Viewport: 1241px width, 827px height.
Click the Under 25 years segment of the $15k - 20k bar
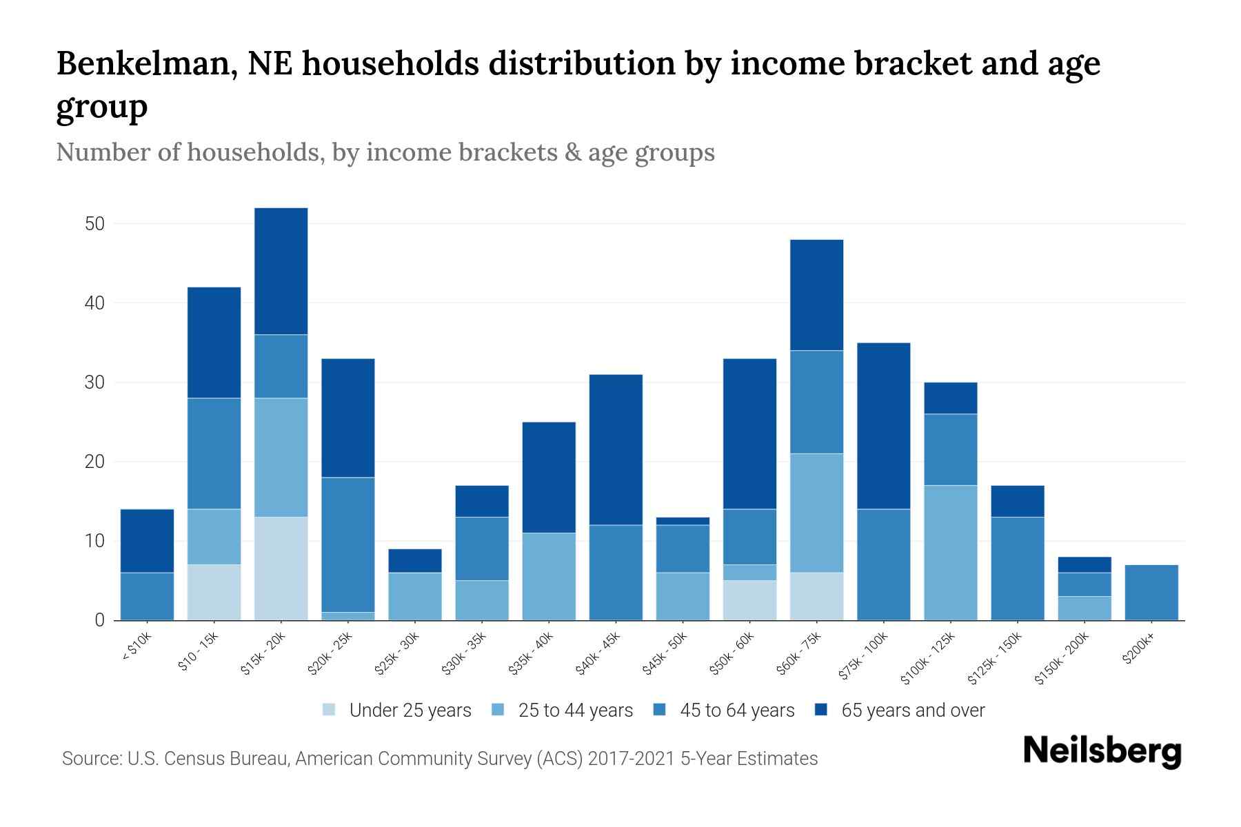281,568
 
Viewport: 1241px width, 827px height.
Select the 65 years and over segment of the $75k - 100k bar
883,425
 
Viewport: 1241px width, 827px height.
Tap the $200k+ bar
1151,592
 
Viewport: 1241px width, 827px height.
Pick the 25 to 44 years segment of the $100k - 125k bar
950,552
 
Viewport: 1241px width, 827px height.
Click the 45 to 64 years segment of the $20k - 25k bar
347,544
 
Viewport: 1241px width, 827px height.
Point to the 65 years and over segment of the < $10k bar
147,540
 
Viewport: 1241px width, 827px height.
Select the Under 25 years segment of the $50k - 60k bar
749,600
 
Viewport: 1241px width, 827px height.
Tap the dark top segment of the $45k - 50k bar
683,521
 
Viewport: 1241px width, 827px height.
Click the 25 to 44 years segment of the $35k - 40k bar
549,576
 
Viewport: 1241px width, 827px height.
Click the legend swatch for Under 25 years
330,710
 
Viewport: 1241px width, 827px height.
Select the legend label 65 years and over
912,710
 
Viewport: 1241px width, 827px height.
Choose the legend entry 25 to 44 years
575,710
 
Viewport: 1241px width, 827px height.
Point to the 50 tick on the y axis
94,224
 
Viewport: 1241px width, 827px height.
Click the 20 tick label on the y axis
94,462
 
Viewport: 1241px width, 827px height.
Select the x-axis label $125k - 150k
993,660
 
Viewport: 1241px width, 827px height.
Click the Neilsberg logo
1102,751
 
